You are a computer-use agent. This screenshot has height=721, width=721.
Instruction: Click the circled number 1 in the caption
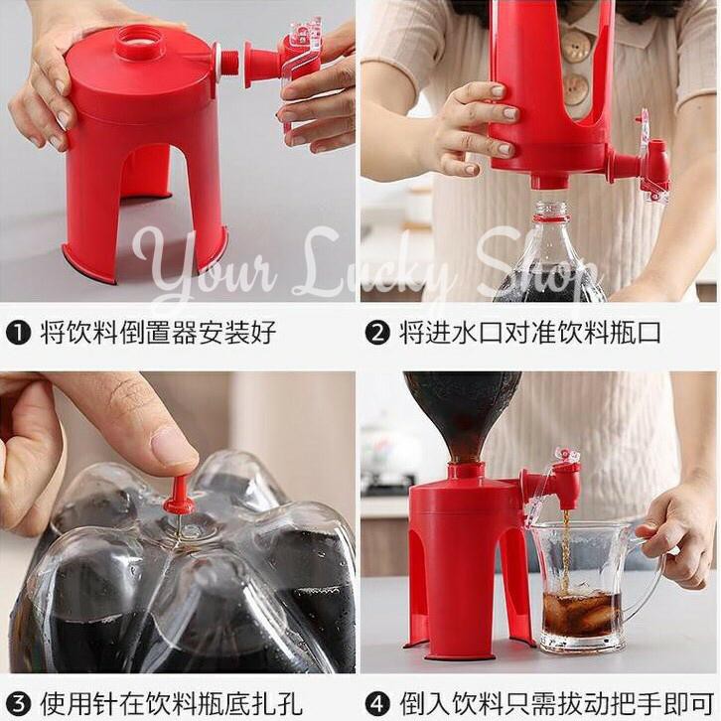click(x=18, y=333)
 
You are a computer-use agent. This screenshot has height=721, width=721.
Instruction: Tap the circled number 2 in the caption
click(x=377, y=333)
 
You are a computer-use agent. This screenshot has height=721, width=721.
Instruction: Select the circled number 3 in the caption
click(x=18, y=703)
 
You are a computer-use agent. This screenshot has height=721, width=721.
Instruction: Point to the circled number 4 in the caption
click(x=377, y=703)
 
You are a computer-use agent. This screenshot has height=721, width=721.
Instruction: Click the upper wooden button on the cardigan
click(x=575, y=45)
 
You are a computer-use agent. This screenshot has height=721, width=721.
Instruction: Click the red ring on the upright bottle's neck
click(x=550, y=216)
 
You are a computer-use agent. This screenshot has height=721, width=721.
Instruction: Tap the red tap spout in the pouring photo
click(x=567, y=485)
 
